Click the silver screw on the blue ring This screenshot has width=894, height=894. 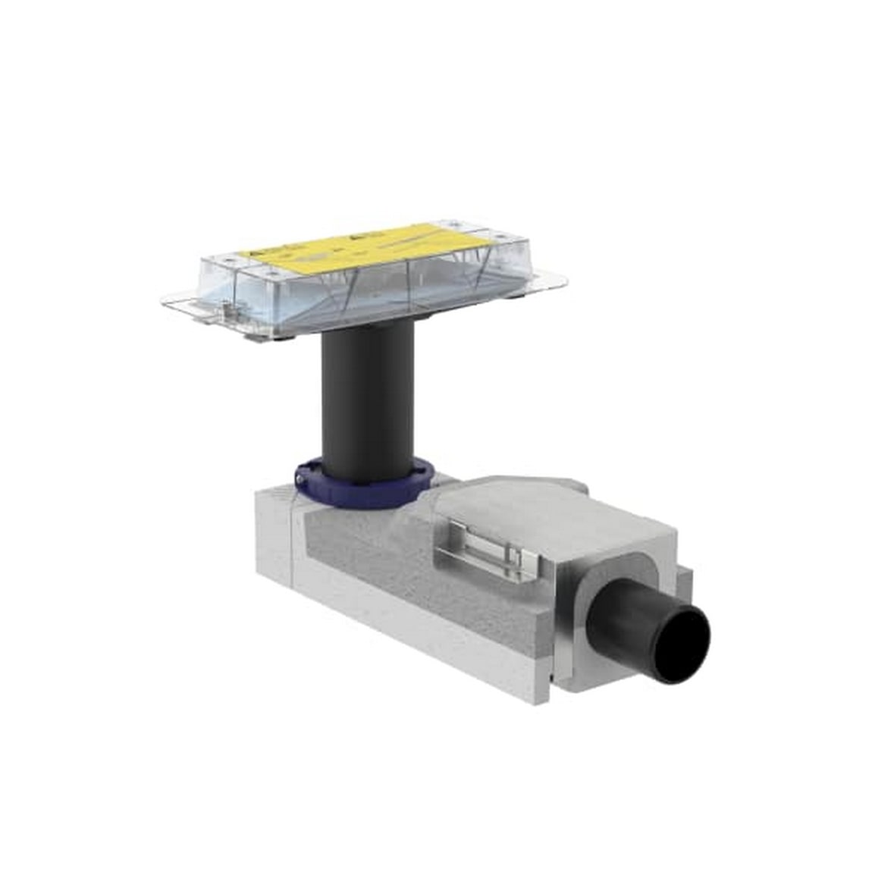pos(301,478)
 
